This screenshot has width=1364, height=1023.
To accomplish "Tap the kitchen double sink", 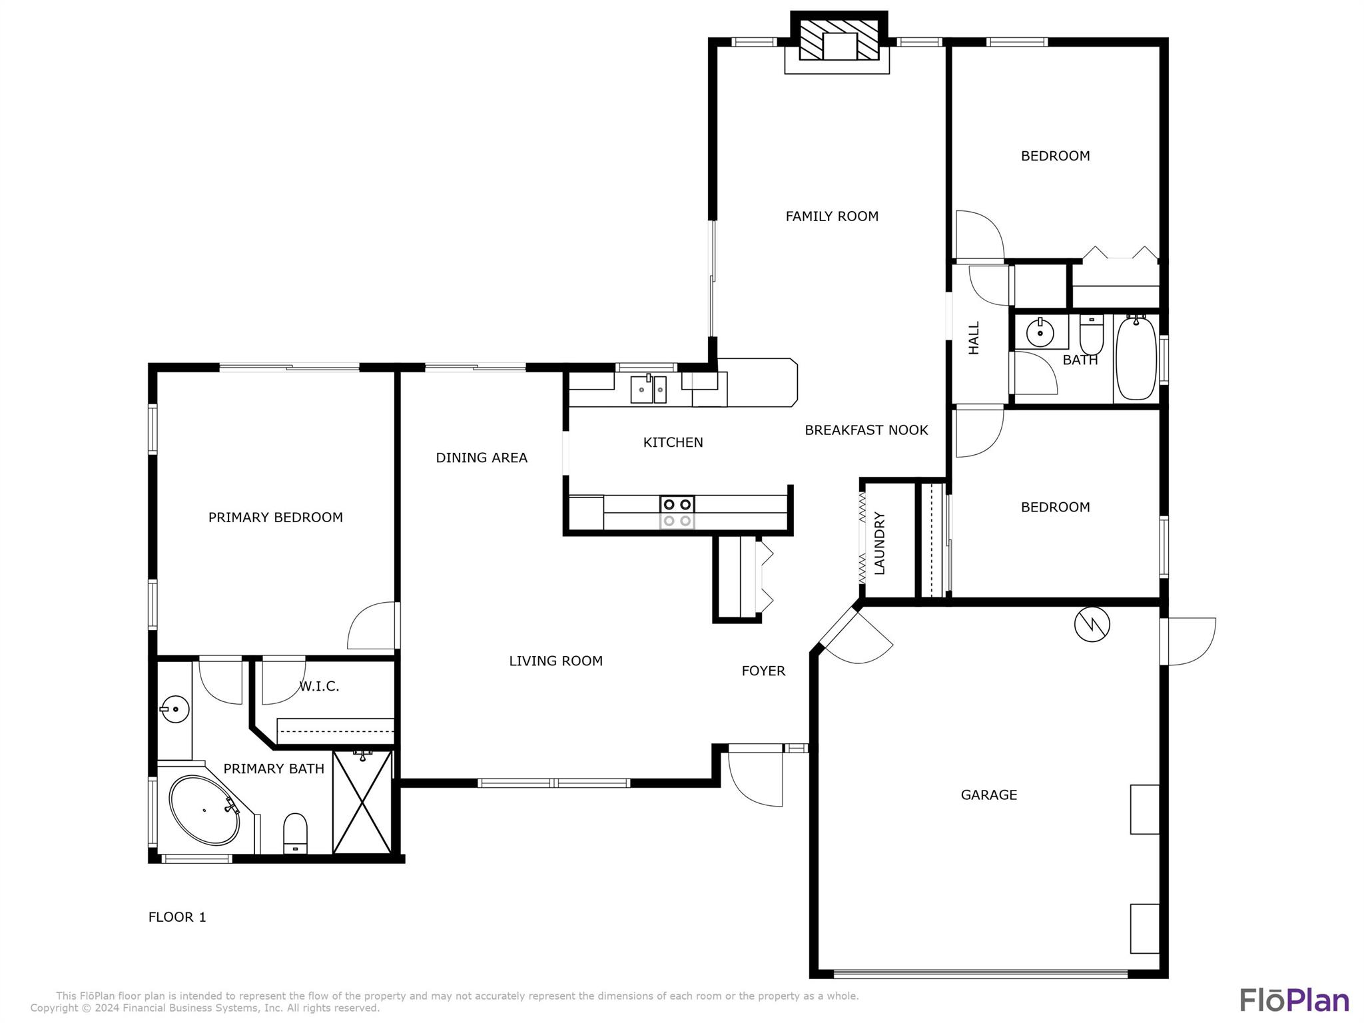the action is [649, 389].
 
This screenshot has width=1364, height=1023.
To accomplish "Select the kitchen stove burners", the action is [677, 512].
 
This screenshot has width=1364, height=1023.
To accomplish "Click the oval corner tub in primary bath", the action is [204, 810].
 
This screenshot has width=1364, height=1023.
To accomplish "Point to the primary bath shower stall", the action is [362, 802].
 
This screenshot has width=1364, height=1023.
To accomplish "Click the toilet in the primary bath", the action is [295, 833].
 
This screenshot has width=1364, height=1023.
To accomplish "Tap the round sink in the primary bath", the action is [175, 709].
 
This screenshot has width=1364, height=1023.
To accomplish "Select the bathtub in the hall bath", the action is [1136, 358].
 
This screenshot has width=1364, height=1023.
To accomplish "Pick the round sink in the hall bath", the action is [1040, 332].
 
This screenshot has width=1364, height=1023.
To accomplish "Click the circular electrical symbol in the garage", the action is [1092, 625].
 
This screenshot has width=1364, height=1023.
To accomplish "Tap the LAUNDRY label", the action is [879, 543].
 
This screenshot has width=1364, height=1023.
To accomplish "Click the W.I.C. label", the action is [319, 687].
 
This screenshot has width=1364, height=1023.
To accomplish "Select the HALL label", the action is [974, 338].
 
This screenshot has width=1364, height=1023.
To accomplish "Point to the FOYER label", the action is [763, 671].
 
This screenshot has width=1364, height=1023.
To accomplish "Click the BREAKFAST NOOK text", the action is [866, 430].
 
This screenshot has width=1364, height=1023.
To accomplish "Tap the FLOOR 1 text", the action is [177, 917].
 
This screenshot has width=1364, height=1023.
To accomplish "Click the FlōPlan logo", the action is [1294, 1000].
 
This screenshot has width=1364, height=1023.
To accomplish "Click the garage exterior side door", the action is [1188, 641].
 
